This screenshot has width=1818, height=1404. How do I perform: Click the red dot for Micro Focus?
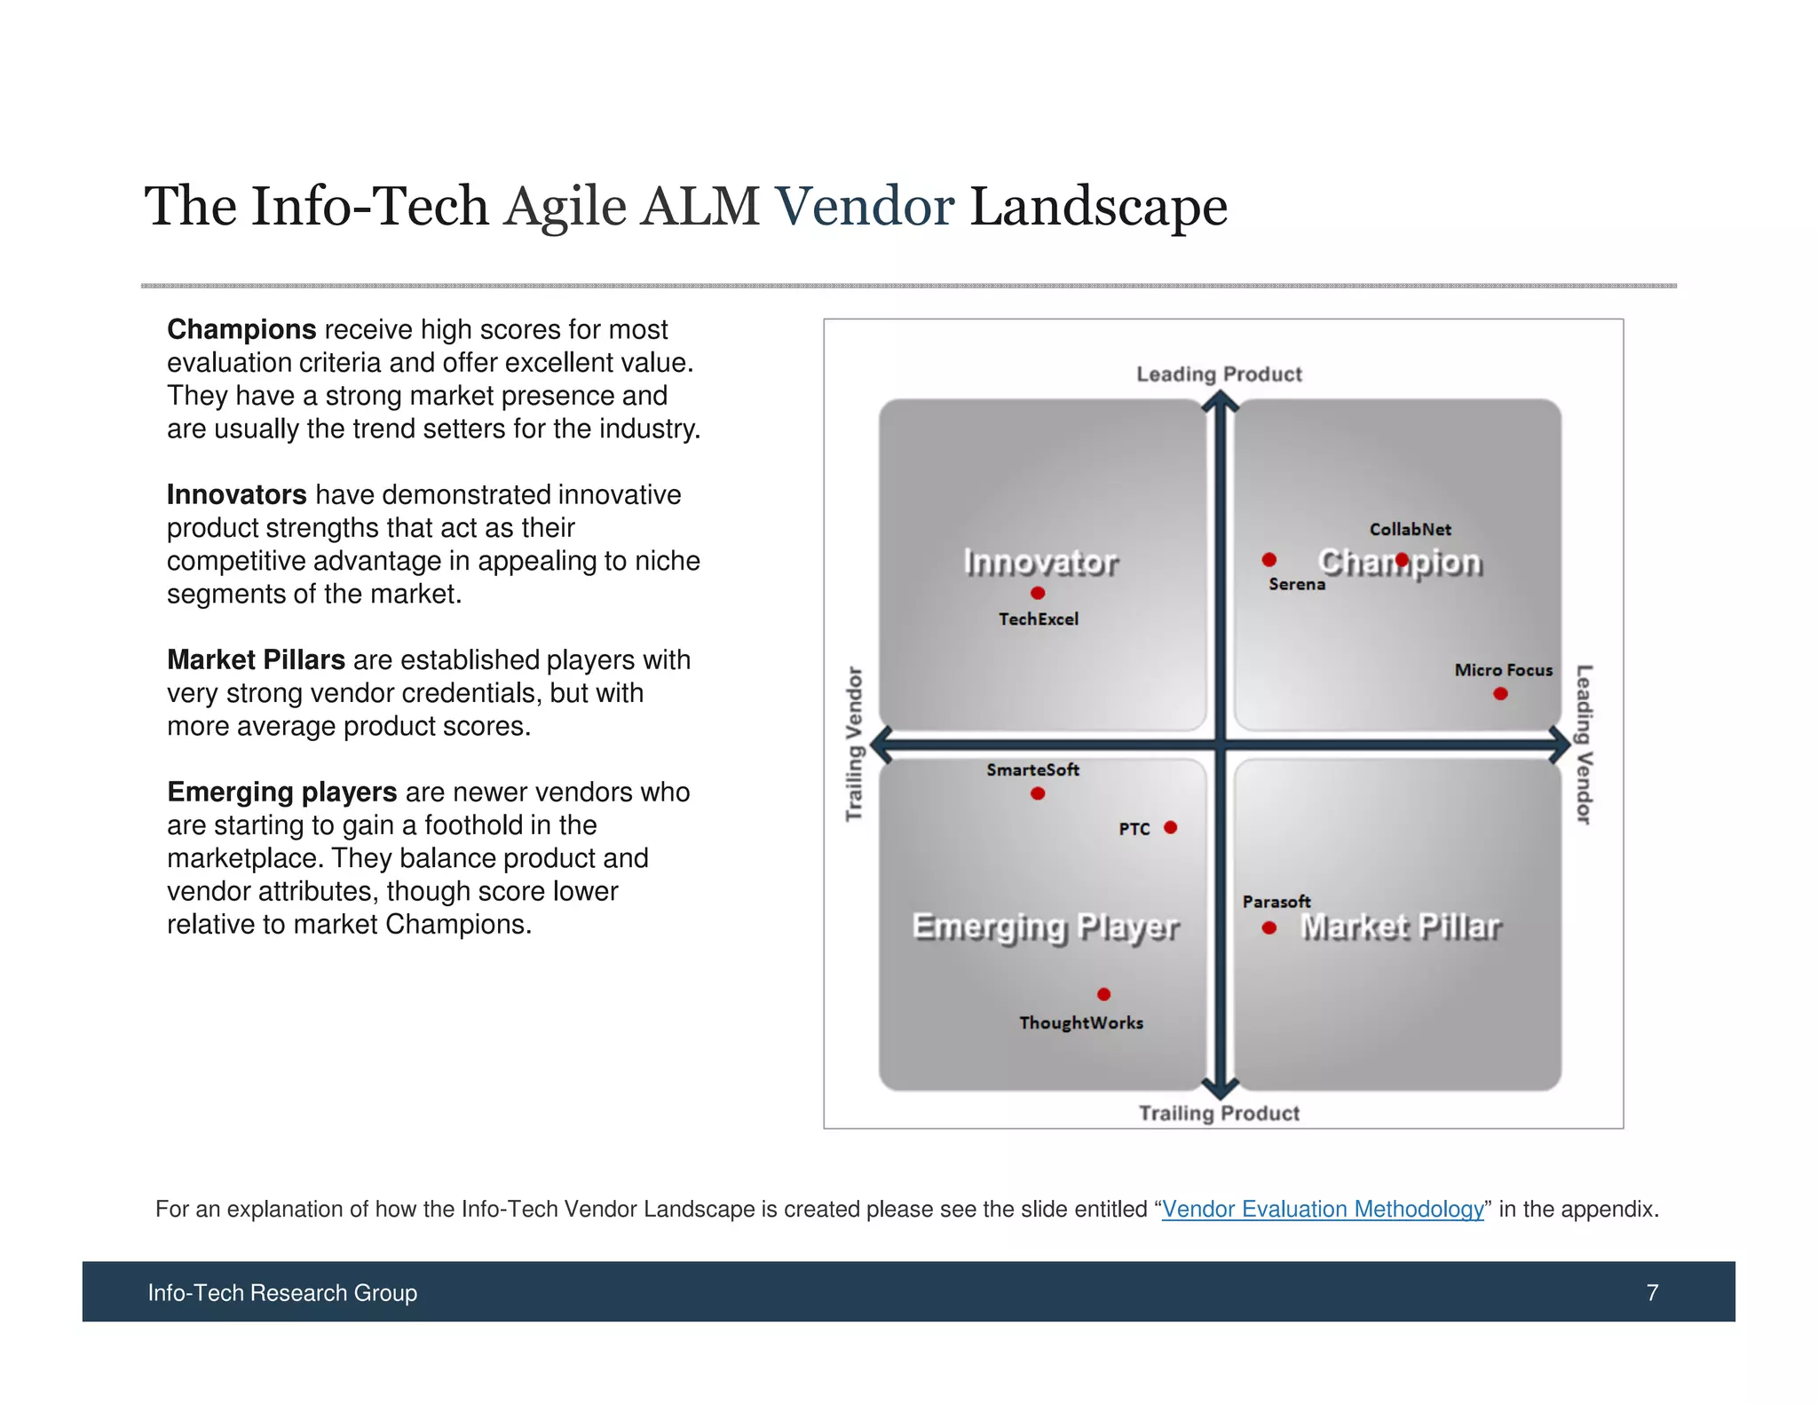1500,694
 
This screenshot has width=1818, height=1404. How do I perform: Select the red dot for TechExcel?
1038,593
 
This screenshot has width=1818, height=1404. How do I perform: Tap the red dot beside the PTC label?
1171,828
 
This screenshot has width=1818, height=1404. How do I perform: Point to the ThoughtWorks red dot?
1103,994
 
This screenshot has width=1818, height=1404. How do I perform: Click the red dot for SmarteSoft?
1038,793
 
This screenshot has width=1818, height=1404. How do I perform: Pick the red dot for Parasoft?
1269,927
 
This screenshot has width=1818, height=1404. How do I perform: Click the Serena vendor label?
1297,584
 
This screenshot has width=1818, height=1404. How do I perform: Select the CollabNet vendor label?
1410,530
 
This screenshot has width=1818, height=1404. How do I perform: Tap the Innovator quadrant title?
1040,562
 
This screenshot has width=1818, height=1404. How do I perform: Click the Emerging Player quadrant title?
1045,927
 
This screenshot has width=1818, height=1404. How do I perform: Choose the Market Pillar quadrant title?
1400,927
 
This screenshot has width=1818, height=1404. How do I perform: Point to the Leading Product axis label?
1219,375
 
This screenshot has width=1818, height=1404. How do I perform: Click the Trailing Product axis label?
1219,1113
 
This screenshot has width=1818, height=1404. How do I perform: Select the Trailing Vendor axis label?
854,744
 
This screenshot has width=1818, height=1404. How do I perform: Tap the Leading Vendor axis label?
1585,744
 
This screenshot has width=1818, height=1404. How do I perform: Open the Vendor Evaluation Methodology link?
1323,1209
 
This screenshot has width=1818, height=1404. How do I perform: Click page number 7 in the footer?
1652,1292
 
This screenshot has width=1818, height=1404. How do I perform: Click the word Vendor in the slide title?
865,207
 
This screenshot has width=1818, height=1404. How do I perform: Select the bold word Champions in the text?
241,329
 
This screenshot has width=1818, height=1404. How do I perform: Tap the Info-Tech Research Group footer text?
282,1292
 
